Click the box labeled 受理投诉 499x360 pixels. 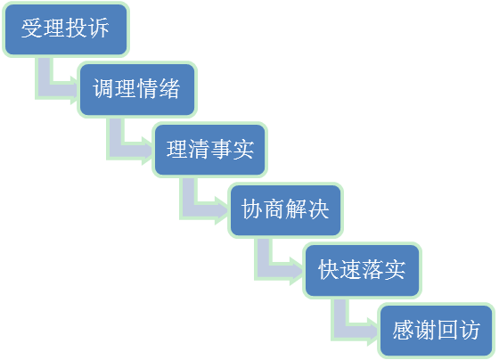(x=66, y=29)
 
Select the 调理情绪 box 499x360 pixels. (x=137, y=89)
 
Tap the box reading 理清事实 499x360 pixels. (x=209, y=150)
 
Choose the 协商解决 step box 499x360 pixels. (x=285, y=210)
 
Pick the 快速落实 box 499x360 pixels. (x=362, y=270)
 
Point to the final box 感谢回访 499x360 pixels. (x=436, y=331)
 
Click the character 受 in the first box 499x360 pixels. (x=32, y=29)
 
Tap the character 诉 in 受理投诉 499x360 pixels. (x=98, y=29)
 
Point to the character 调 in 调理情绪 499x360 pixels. (x=103, y=88)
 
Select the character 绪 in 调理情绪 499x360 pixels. (x=169, y=88)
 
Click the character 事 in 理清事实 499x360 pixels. (x=221, y=149)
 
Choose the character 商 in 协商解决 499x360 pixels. (x=274, y=209)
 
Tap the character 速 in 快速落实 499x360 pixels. (x=351, y=270)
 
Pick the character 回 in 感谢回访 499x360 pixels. (x=447, y=330)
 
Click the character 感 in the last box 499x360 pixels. (x=403, y=330)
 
